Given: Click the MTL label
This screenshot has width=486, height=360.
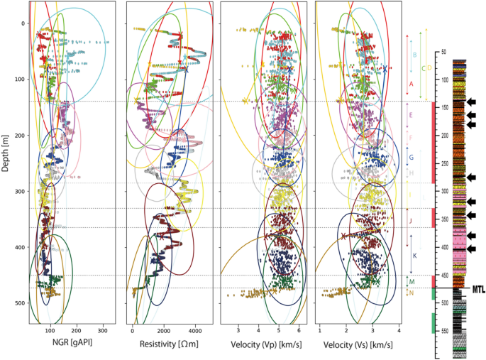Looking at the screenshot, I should pyautogui.click(x=478, y=288).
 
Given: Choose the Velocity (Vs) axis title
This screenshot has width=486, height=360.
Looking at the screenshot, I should pyautogui.click(x=357, y=346).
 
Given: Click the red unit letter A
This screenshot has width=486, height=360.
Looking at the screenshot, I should pyautogui.click(x=412, y=84).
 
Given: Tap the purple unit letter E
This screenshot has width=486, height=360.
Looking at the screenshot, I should pyautogui.click(x=411, y=114).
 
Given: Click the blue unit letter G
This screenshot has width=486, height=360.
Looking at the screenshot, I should pyautogui.click(x=412, y=157).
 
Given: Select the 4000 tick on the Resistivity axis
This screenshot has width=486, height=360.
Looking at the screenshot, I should pyautogui.click(x=195, y=331).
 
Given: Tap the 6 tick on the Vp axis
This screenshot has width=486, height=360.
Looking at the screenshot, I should pyautogui.click(x=299, y=331).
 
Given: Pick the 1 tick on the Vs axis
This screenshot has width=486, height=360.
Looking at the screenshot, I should pyautogui.click(x=320, y=331).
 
